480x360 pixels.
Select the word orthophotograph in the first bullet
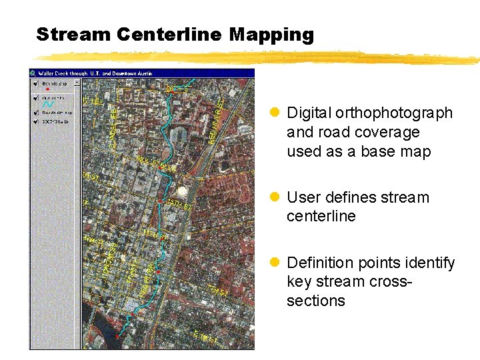(394, 113)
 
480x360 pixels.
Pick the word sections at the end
(315, 301)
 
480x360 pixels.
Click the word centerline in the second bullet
(321, 216)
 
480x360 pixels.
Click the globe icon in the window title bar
(33, 73)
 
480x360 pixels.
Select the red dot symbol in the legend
(47, 90)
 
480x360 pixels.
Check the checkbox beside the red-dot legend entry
(35, 84)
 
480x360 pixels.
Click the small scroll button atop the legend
(76, 83)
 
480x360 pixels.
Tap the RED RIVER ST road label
(217, 120)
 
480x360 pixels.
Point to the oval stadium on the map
(178, 137)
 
